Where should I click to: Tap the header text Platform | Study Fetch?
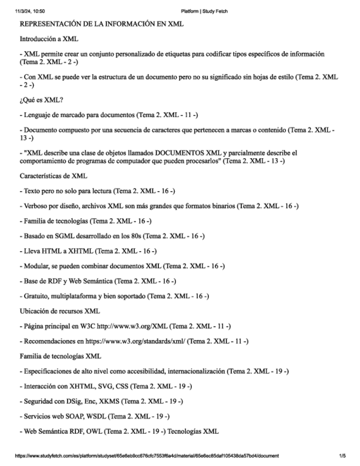pyautogui.click(x=204, y=11)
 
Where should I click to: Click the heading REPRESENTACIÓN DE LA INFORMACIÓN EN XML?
pyautogui.click(x=102, y=25)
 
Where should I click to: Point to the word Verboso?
pyautogui.click(x=36, y=206)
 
